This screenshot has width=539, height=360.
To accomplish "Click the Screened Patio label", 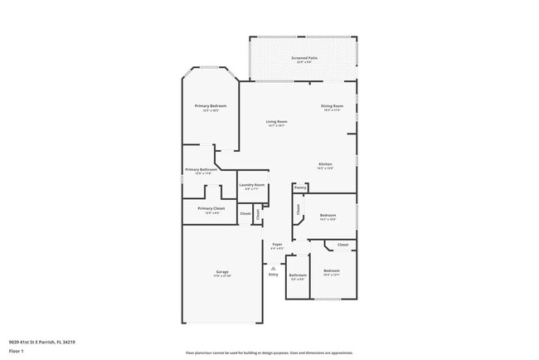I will click(x=303, y=58).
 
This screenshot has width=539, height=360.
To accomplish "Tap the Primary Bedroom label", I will click(x=211, y=106).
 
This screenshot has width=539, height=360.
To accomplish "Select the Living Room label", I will click(x=276, y=122).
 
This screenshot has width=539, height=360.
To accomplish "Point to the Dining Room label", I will click(x=332, y=106).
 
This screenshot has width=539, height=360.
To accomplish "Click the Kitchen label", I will click(x=325, y=164).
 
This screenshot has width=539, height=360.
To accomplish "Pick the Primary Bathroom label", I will click(x=202, y=169).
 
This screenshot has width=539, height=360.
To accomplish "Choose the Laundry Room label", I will click(x=252, y=185).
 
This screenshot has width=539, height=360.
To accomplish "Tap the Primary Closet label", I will click(x=211, y=208).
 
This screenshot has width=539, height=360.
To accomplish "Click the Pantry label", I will click(x=300, y=187).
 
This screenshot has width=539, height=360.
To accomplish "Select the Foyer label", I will click(x=277, y=244).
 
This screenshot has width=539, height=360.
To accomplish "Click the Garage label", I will click(x=222, y=271).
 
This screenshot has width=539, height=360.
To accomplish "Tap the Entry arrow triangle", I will click(x=272, y=266).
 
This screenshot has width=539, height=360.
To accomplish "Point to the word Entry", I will click(x=274, y=275).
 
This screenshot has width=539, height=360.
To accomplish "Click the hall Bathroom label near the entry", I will click(x=298, y=275).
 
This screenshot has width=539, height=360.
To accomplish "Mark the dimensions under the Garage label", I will click(x=222, y=276).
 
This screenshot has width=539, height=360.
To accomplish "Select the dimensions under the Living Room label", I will click(x=276, y=126).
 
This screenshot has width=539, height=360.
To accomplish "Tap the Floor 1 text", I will click(x=16, y=351).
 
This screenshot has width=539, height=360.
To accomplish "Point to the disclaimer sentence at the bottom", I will click(x=269, y=353).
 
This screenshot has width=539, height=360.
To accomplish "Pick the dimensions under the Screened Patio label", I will click(x=303, y=62).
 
